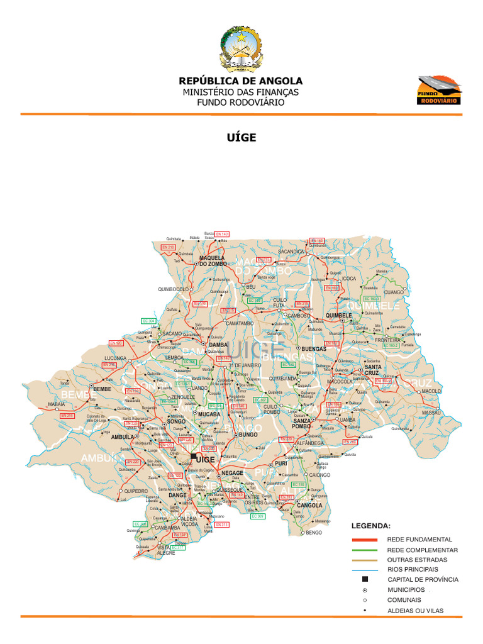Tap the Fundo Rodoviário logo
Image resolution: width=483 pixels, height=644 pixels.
click(x=440, y=90)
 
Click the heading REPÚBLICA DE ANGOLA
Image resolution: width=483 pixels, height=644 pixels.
click(x=241, y=81)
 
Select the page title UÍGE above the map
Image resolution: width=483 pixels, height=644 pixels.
click(x=241, y=137)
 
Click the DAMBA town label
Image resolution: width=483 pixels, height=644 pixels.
click(x=218, y=345)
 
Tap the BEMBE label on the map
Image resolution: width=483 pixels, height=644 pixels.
click(x=102, y=389)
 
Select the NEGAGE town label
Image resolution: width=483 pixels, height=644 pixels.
click(x=232, y=472)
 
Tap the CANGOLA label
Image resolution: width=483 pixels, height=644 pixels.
click(x=309, y=505)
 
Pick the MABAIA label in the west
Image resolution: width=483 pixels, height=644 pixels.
click(x=56, y=404)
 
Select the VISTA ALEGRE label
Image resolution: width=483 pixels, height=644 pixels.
click(x=166, y=550)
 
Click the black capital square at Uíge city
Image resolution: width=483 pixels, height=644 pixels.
click(x=194, y=457)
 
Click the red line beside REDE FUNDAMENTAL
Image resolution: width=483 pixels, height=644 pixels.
click(x=365, y=540)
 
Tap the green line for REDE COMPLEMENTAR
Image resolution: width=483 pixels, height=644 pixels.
click(x=365, y=550)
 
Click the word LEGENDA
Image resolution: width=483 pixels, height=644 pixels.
click(x=370, y=525)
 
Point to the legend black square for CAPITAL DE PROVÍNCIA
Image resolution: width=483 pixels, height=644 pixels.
click(x=365, y=579)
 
